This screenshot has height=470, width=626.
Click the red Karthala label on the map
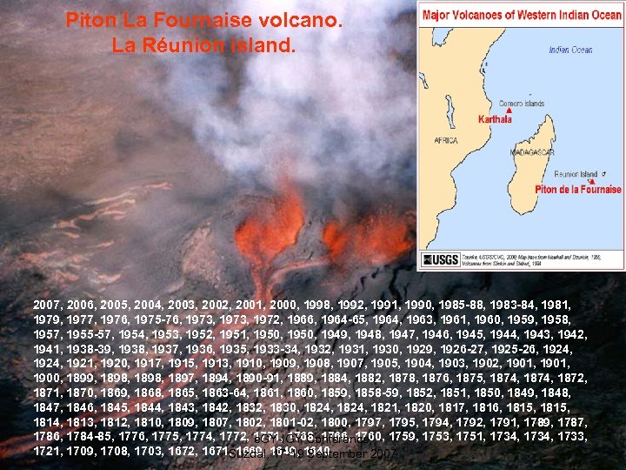point(496,120)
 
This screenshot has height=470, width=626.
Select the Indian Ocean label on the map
point(571,50)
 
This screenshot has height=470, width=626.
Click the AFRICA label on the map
point(445,139)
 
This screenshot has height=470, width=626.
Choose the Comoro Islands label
point(522,104)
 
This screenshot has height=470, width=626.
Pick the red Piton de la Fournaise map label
point(579,189)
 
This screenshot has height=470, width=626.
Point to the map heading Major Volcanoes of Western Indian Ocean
point(520,15)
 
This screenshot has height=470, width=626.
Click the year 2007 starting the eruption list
point(47,306)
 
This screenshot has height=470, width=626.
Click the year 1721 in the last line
point(47,453)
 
